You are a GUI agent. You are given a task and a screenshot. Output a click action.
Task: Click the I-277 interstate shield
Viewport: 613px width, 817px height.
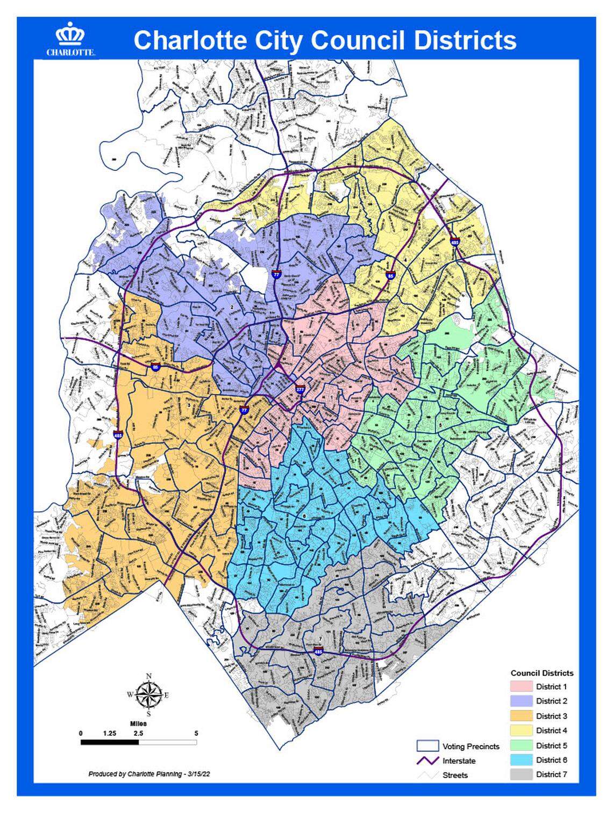(x=300, y=390)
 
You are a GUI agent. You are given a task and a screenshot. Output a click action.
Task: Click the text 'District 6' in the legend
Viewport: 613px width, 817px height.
(x=551, y=760)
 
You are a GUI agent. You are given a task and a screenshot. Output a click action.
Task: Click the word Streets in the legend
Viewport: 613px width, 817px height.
(x=455, y=775)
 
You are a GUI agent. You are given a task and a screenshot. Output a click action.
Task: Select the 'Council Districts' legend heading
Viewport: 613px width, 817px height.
(x=541, y=673)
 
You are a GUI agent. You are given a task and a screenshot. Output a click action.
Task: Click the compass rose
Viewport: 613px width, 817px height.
(x=149, y=694)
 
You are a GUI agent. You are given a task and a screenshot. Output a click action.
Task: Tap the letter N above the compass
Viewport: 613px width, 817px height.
(x=149, y=676)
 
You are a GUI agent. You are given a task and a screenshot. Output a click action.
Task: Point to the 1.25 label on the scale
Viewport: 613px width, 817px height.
(x=110, y=733)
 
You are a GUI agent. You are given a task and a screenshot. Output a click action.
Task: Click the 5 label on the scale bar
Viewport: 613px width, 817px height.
(x=196, y=733)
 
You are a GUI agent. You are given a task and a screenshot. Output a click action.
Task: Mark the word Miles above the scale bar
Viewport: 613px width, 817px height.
(x=138, y=724)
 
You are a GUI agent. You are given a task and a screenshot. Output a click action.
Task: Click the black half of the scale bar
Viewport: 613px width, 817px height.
(x=110, y=742)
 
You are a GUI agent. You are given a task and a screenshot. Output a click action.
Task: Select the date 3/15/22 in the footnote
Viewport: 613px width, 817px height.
(x=201, y=773)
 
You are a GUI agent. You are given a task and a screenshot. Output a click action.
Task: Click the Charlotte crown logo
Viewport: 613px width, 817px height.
(x=70, y=35)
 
